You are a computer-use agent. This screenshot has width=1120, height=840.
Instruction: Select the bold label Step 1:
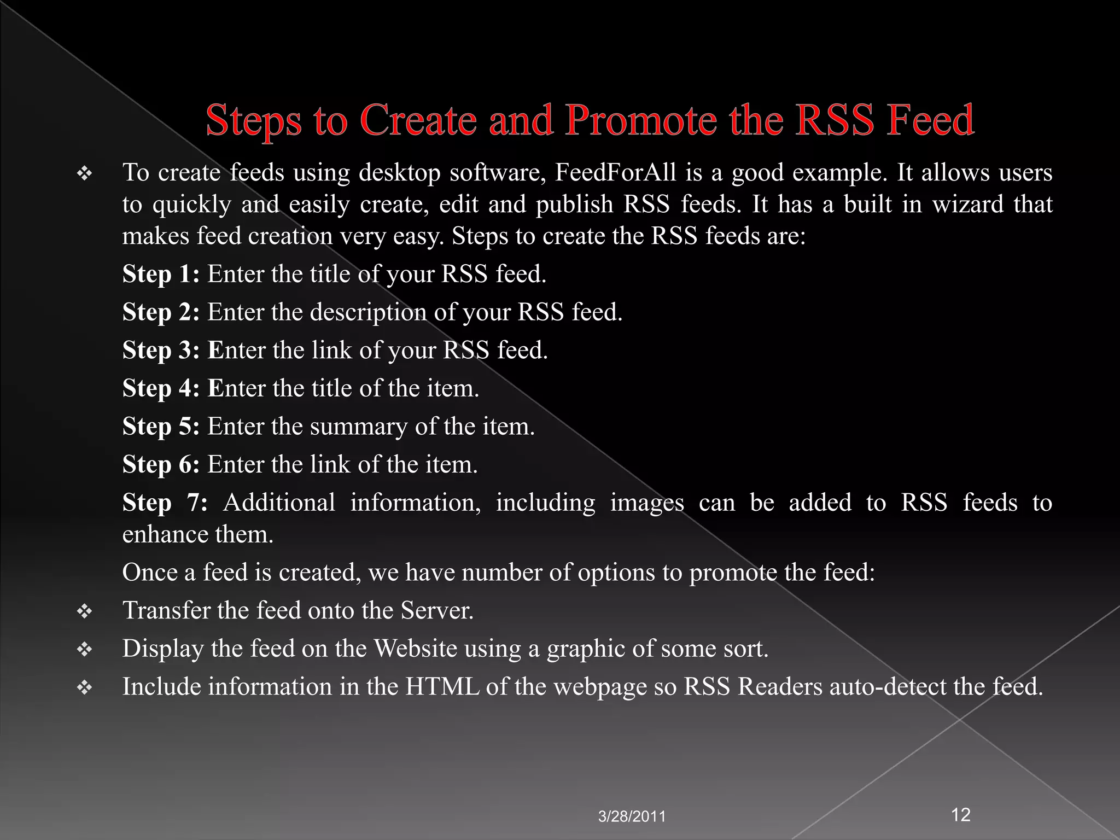coord(161,274)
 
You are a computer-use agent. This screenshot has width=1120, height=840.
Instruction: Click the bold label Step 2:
coord(161,312)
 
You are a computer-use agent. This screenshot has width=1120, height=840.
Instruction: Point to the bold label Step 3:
coord(161,351)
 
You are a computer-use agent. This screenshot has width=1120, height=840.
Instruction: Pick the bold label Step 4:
coord(161,388)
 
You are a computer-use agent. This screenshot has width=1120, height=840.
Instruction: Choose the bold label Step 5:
coord(161,427)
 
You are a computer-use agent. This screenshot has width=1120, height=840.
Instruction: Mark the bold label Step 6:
coord(161,464)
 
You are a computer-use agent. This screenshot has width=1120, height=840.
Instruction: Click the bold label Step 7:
coord(165,503)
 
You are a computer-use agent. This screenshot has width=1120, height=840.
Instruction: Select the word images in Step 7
coord(646,503)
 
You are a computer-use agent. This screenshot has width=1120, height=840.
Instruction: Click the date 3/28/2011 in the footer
coord(632,817)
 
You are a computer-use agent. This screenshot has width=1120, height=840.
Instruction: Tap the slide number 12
coord(961,815)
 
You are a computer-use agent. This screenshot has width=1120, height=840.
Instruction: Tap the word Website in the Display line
coord(415,649)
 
